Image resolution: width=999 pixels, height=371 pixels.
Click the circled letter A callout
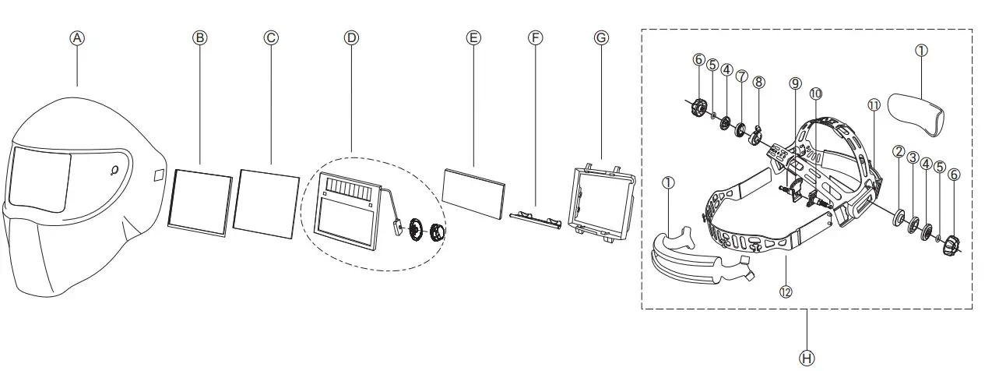(x=76, y=37)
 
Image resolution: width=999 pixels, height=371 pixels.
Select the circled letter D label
(x=351, y=37)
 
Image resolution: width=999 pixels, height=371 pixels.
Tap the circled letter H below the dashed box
(x=807, y=358)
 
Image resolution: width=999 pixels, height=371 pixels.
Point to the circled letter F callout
(x=534, y=37)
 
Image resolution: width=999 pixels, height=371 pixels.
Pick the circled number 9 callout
(x=794, y=83)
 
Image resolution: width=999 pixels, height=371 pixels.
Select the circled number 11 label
(x=873, y=104)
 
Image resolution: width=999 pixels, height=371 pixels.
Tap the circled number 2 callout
(x=898, y=151)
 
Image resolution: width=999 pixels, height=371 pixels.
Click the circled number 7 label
(x=741, y=76)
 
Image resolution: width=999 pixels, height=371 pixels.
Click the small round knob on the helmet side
(x=114, y=170)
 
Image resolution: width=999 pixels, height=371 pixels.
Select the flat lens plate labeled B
(x=201, y=201)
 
